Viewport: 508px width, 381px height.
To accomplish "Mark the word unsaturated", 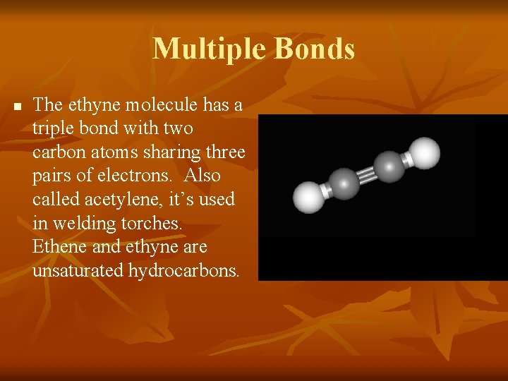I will (78, 270).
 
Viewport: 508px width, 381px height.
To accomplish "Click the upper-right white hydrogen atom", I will (425, 152).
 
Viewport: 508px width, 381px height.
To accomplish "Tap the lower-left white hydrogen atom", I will (308, 198).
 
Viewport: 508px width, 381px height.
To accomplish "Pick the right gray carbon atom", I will (389, 167).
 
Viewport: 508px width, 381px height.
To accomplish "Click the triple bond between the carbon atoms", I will (367, 175).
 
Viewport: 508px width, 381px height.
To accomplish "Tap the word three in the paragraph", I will (225, 152).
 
